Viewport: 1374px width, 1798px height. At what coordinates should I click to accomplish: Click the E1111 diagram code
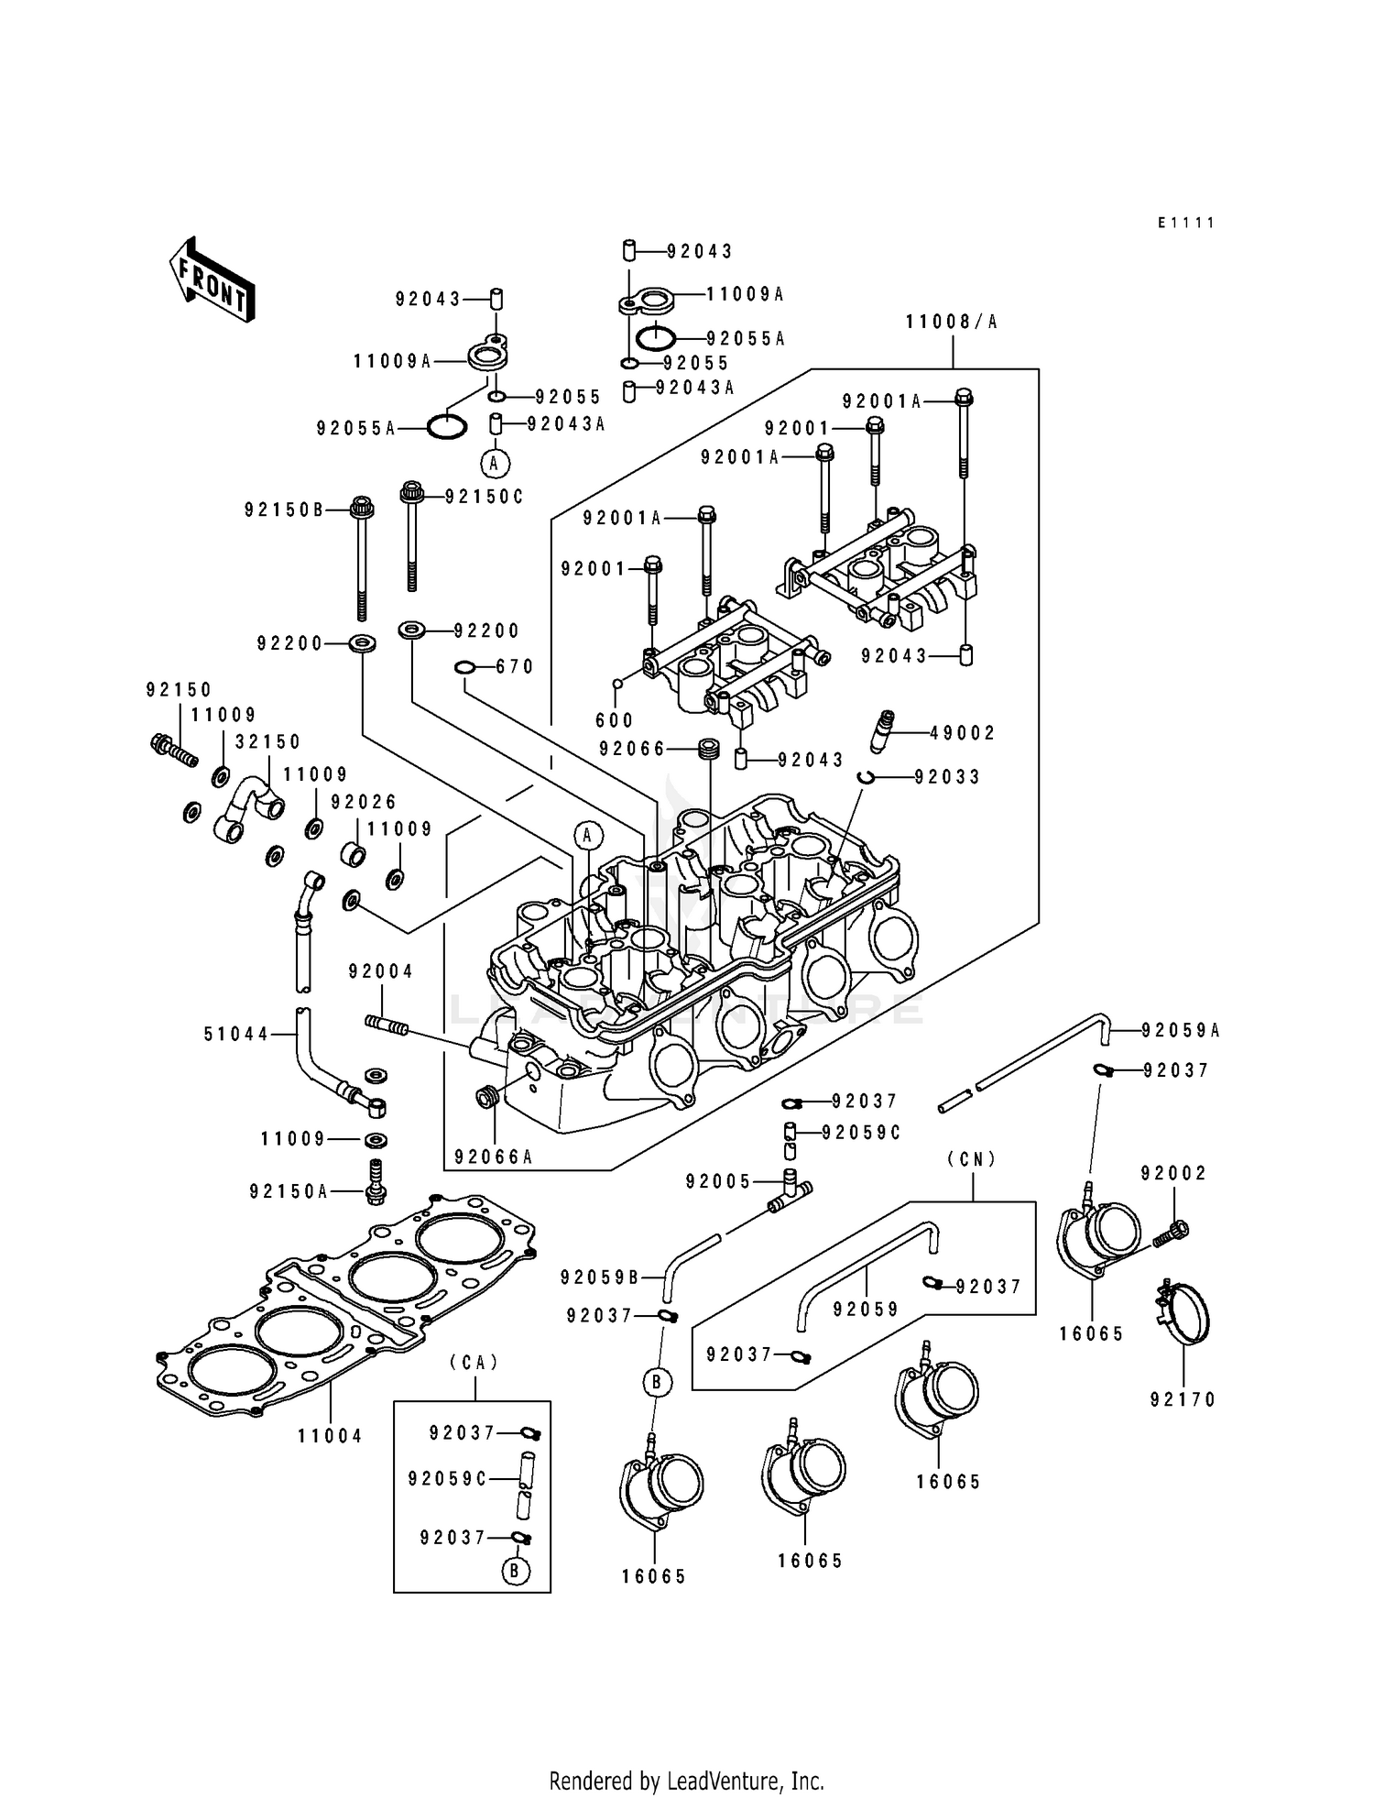coord(1185,223)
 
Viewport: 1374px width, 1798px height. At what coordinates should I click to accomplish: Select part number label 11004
coord(331,1436)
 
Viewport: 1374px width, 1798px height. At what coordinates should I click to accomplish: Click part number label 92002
coord(1173,1173)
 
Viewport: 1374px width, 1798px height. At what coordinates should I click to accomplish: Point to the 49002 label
coord(962,733)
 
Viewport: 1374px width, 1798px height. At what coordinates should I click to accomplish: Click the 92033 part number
coord(947,777)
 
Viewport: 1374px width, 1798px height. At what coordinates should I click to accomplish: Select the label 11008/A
coord(952,322)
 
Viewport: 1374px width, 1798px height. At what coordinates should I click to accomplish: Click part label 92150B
coord(284,510)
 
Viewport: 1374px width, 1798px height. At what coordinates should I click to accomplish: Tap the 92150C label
coord(484,497)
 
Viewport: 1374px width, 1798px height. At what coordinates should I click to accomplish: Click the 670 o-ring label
coord(515,667)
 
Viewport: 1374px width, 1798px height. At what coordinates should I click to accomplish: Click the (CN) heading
coord(972,1159)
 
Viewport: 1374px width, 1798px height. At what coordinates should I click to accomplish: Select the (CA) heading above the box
coord(474,1363)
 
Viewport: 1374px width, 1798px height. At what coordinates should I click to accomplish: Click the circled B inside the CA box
coord(516,1573)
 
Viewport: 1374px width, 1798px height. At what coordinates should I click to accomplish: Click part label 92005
coord(718,1182)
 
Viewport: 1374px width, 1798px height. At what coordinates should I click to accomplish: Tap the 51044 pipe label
coord(236,1035)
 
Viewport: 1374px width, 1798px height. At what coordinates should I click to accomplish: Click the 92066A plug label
coord(493,1157)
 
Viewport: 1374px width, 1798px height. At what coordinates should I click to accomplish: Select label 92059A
coord(1181,1031)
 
